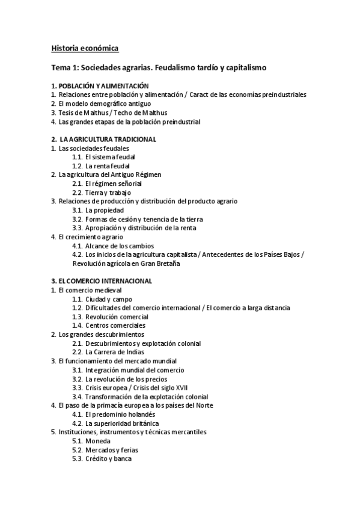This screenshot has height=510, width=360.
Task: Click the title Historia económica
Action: click(x=85, y=48)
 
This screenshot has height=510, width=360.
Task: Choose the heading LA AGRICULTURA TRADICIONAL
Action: click(x=107, y=139)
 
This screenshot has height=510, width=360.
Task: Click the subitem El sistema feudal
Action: click(x=110, y=157)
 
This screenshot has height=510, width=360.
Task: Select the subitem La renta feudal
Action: click(x=108, y=165)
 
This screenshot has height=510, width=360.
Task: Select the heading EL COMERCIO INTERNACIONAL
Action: click(x=105, y=281)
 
